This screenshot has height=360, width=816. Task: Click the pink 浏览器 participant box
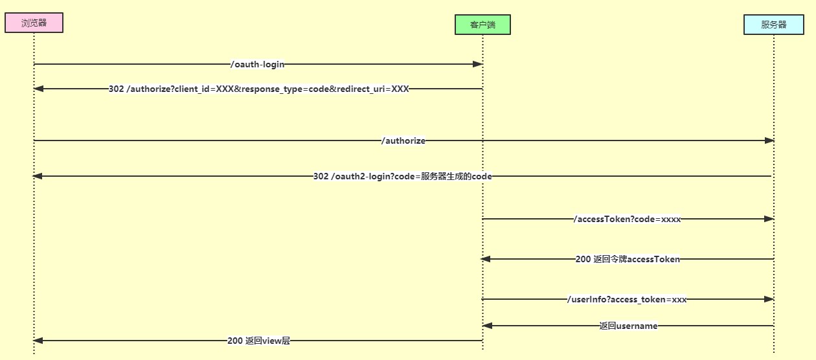34,23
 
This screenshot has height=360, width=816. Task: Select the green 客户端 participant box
482,25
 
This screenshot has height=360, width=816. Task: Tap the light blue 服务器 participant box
773,25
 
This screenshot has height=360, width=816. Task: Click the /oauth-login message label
257,64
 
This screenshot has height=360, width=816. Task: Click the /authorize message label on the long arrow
403,141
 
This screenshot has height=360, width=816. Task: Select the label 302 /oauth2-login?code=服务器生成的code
402,176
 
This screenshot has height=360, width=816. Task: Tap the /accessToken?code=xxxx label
627,219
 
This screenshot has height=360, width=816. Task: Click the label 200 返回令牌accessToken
628,259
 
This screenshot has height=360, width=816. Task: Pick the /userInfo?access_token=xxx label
626,299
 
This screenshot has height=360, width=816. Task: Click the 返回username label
628,326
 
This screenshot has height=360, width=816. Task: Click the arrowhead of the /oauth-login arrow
478,64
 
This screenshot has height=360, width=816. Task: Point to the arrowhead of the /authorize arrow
769,141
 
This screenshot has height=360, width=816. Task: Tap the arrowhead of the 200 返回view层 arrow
38,341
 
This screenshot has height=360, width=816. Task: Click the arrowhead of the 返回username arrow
487,326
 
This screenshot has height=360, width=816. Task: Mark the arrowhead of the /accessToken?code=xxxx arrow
769,219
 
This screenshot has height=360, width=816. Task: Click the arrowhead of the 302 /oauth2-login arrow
38,176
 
